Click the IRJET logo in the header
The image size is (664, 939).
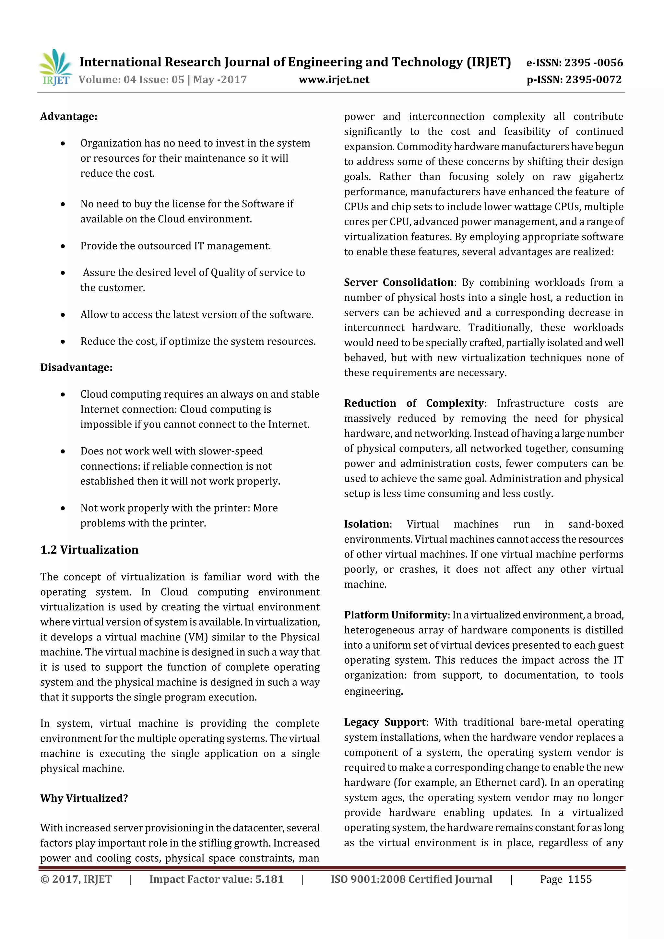[x=55, y=67]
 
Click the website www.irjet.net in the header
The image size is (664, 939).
[x=334, y=80]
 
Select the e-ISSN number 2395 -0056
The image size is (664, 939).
[x=594, y=63]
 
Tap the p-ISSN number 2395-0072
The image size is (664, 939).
[x=593, y=80]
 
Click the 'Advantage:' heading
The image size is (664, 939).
[x=69, y=117]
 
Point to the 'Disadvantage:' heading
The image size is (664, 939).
[x=76, y=367]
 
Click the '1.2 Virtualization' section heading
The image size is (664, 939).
[x=89, y=550]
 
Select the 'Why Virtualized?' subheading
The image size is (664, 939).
[x=84, y=798]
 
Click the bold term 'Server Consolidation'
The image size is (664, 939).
[x=398, y=282]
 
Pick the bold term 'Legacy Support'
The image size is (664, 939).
[x=385, y=722]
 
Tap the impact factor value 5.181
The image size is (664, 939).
[x=269, y=879]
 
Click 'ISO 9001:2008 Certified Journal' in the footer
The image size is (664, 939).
[x=411, y=879]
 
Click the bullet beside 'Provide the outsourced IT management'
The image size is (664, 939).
[x=63, y=246]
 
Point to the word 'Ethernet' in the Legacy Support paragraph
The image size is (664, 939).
[x=494, y=782]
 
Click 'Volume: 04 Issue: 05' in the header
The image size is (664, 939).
[x=131, y=80]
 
